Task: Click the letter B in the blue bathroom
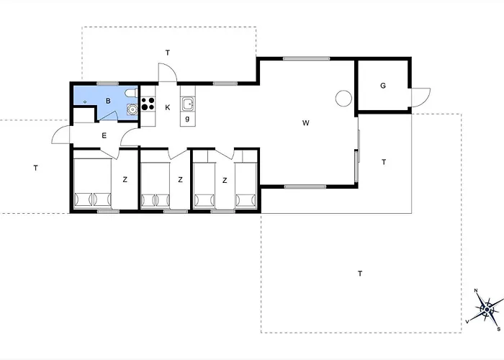(108, 101)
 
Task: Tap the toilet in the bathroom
(132, 93)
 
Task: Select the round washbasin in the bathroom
(132, 109)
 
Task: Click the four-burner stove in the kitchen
(148, 104)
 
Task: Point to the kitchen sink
(188, 104)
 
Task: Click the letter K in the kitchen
(168, 107)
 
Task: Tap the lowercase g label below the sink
(187, 118)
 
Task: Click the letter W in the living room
(306, 123)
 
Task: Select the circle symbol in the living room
(343, 98)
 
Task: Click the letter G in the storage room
(383, 86)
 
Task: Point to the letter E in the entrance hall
(104, 135)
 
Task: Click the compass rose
(487, 309)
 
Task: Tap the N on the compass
(476, 291)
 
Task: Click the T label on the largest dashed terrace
(360, 274)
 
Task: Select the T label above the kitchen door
(168, 53)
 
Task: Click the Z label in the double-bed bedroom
(125, 180)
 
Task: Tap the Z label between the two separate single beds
(225, 181)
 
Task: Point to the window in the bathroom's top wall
(108, 84)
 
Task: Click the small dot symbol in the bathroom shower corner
(85, 102)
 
